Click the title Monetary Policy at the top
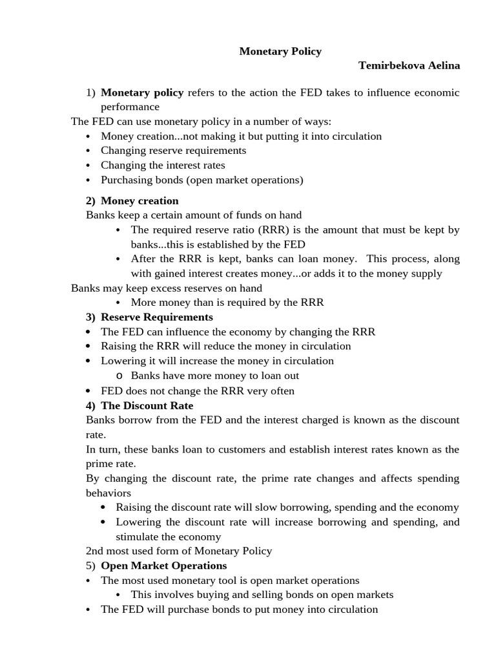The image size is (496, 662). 280,51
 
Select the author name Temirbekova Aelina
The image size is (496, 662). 409,66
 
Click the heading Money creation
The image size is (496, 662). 139,200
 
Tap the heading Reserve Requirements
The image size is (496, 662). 156,317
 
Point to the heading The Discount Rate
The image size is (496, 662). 147,406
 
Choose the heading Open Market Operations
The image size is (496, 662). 163,566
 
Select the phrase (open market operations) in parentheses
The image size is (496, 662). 243,180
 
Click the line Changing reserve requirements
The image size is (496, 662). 173,151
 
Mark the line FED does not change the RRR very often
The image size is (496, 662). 197,390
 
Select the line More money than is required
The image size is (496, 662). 227,302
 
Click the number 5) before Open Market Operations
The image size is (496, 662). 90,566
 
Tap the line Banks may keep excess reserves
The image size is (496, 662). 166,288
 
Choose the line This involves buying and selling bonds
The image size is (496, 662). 262,595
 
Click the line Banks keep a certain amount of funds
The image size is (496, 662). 193,215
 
